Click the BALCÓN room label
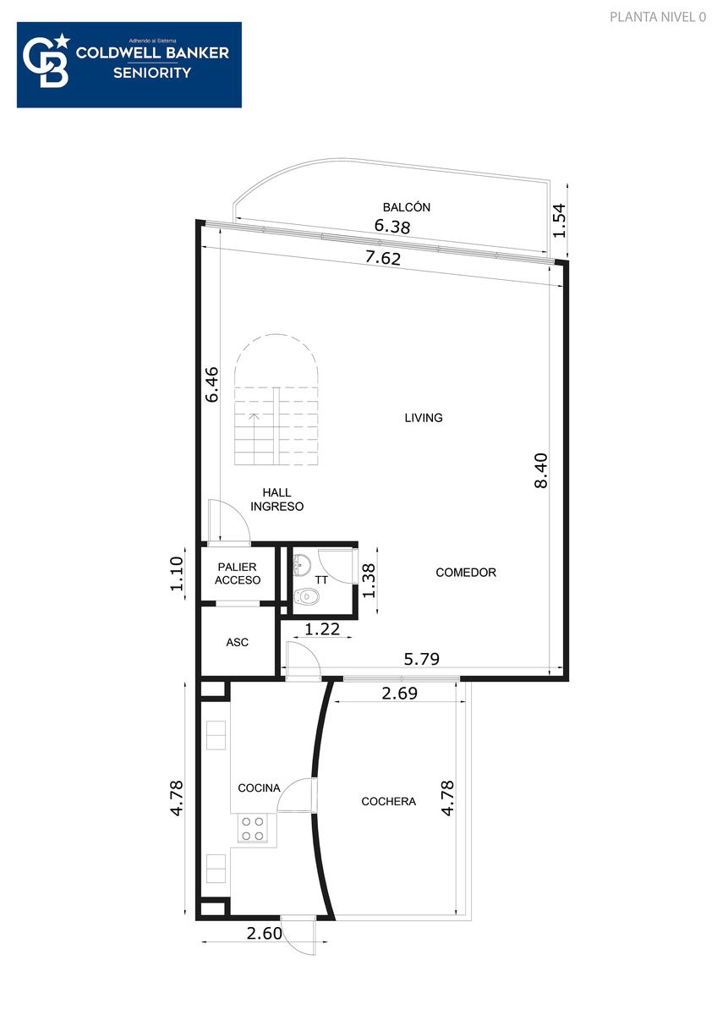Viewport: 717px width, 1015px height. [407, 207]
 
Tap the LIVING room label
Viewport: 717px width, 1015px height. [424, 417]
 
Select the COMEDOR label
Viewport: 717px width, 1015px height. [466, 573]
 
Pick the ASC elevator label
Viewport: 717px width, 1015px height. [238, 642]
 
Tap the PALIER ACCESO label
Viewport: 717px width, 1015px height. [238, 573]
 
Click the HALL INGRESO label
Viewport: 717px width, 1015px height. [276, 499]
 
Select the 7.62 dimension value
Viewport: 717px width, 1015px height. [383, 258]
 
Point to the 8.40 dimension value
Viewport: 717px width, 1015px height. [541, 470]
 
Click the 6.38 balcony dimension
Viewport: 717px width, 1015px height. [392, 226]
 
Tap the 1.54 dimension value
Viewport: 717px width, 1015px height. [560, 221]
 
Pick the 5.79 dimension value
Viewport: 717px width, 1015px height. [421, 658]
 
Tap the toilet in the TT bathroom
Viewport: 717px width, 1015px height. [307, 597]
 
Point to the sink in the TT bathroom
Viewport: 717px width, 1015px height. [302, 565]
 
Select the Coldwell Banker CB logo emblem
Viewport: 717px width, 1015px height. [47, 60]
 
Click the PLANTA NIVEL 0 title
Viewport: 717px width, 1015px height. [658, 17]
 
